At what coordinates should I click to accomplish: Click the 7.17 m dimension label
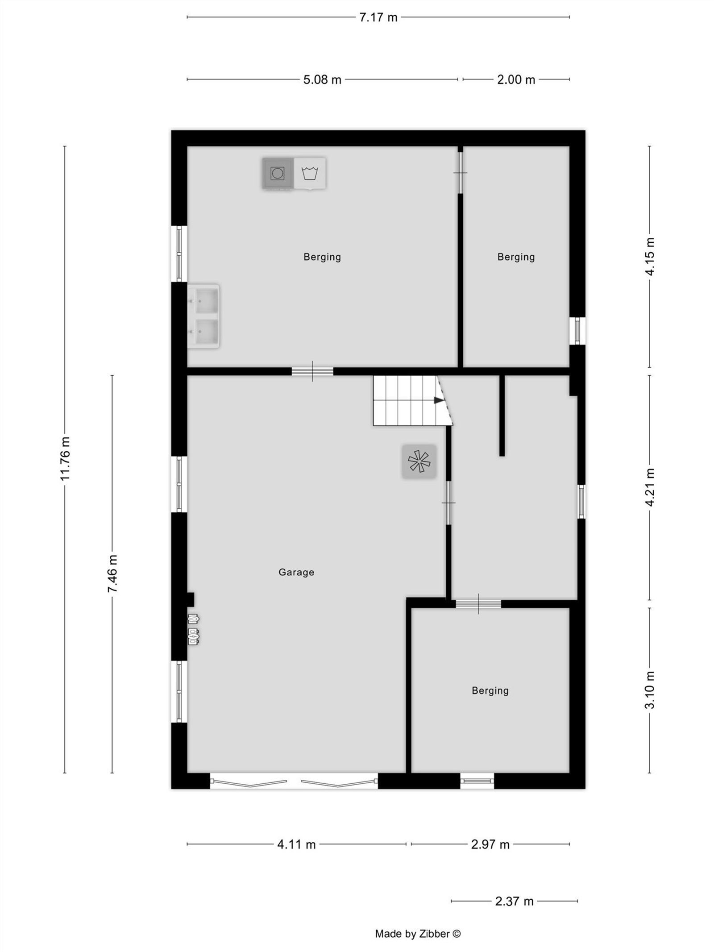(378, 17)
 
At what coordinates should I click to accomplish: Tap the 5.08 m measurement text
(322, 79)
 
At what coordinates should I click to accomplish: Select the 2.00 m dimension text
(516, 79)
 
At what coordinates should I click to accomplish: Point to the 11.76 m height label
(66, 459)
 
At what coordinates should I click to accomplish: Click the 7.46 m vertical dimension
(112, 574)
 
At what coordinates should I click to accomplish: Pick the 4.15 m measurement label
(650, 257)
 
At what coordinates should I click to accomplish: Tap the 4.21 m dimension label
(650, 487)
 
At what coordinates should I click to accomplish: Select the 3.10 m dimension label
(650, 690)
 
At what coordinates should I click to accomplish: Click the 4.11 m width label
(296, 844)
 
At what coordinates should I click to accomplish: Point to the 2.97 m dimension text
(490, 844)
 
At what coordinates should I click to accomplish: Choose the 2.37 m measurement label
(514, 901)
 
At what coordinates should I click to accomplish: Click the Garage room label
(296, 572)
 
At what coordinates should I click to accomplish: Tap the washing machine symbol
(310, 173)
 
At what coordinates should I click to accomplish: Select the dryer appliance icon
(278, 173)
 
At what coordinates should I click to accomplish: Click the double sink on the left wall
(203, 316)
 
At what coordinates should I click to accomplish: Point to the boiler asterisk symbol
(419, 461)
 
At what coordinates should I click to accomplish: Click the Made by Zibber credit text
(418, 934)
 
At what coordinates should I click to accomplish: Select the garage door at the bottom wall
(294, 782)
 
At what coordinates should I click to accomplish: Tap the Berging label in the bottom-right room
(490, 691)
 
